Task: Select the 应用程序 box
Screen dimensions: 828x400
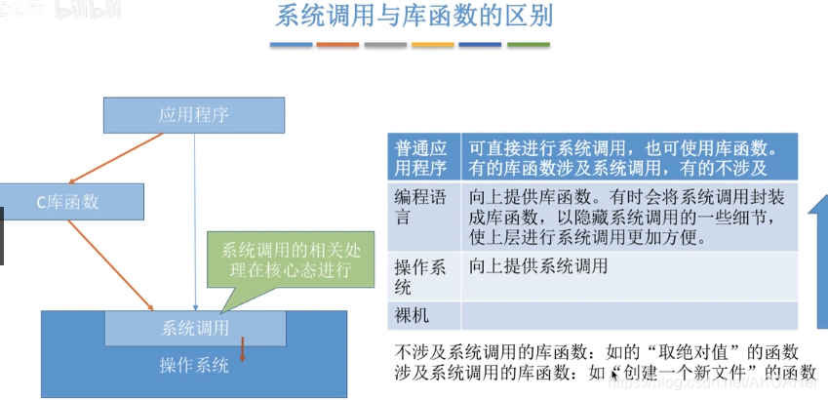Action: pos(193,115)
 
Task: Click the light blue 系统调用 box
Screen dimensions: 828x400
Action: pos(195,328)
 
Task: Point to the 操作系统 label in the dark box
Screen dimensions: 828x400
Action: pos(194,366)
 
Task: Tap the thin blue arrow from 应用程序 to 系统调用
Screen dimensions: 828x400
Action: pos(196,224)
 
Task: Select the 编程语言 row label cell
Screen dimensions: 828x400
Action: pos(422,207)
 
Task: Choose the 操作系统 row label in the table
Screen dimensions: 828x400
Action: pos(422,276)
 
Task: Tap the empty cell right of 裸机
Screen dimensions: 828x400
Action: pos(629,315)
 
